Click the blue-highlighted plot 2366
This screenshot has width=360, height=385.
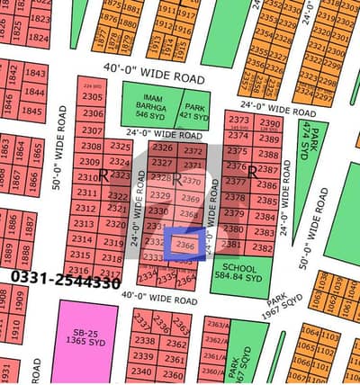185,246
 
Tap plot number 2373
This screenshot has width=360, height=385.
238,121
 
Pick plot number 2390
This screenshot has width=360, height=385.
268,122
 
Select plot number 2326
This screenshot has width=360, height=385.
162,148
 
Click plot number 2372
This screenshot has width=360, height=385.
192,150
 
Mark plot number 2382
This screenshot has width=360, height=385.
262,247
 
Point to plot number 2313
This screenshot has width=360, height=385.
84,224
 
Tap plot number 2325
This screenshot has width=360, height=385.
119,145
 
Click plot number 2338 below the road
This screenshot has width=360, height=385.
142,341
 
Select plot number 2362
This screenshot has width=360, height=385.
175,344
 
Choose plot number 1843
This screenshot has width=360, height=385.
34,73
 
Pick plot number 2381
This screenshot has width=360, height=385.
231,245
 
